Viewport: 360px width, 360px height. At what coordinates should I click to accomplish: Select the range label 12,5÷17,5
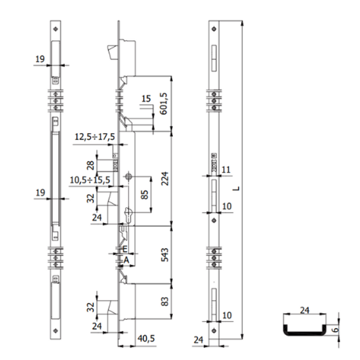coord(95,137)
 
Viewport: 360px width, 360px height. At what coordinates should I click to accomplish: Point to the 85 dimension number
coord(145,195)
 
